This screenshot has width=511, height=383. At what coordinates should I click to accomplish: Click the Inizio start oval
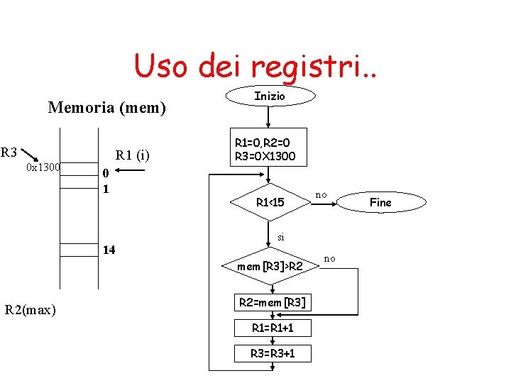[x=270, y=96]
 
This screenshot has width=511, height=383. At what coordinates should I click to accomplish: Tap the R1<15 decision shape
[x=270, y=203]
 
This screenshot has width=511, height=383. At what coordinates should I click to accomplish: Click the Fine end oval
[x=381, y=203]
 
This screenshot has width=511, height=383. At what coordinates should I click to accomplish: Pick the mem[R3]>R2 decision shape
[x=270, y=267]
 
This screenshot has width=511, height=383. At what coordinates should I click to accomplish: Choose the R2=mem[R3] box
[x=273, y=303]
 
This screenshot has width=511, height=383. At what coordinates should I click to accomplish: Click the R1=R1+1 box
[x=273, y=328]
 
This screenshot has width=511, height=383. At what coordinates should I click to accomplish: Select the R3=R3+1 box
[x=273, y=353]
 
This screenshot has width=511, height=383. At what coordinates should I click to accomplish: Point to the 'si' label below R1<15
[x=281, y=237]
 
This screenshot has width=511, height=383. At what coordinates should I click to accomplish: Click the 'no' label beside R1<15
[x=322, y=194]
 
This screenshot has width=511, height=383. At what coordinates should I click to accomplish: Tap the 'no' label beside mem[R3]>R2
[x=329, y=259]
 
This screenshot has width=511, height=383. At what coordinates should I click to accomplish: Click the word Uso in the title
[x=160, y=67]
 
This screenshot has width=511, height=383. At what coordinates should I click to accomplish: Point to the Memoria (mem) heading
[x=106, y=108]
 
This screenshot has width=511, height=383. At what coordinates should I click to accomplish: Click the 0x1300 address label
[x=43, y=167]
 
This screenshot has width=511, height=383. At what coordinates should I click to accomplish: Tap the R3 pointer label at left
[x=9, y=152]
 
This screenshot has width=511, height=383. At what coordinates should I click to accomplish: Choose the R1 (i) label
[x=133, y=155]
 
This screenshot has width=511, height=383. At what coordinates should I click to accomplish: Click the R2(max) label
[x=31, y=310]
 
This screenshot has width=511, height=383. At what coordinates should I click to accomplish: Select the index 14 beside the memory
[x=109, y=250]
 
